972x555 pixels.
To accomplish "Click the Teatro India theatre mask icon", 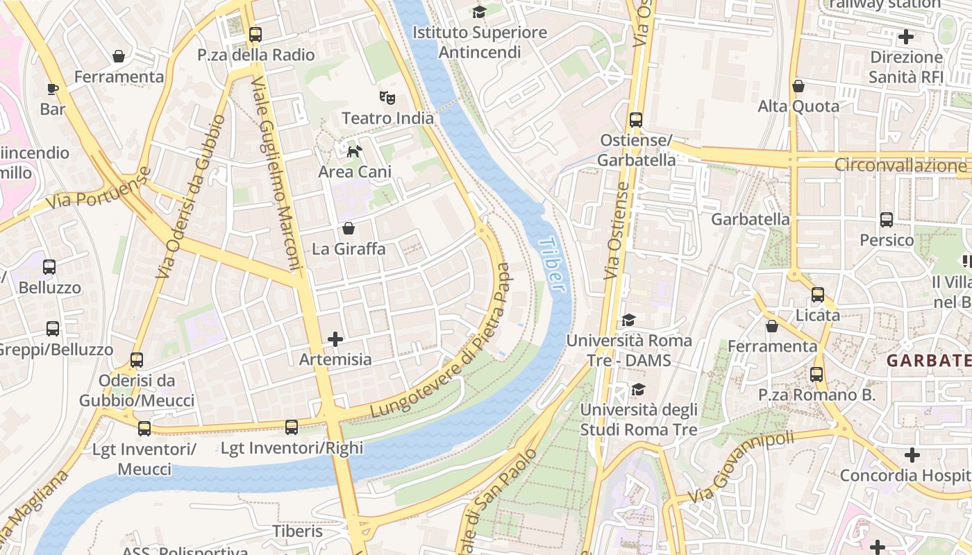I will pos(387,98).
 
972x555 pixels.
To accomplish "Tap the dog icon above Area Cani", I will pos(354,151).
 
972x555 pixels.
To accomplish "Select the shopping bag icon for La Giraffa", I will pos(349,228).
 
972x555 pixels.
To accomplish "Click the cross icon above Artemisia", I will pos(335,339).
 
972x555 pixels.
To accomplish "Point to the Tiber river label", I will pos(551,264).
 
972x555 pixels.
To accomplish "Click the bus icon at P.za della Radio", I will pos(255,34).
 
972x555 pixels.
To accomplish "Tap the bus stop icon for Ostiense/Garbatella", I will pos(636,120).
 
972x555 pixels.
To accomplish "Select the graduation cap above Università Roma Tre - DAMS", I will pos(629,320).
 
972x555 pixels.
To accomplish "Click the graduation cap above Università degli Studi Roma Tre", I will pos(638,389).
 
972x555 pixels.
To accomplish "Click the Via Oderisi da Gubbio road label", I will pos(190,198).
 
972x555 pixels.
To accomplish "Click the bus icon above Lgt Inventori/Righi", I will pos(292,427).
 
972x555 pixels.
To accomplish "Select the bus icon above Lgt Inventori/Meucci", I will pos(144,429).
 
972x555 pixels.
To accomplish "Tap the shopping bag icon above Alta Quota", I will pos(798,86).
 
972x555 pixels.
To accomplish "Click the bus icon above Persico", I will pos(887,220).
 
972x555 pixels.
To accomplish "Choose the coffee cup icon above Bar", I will pos(52,89).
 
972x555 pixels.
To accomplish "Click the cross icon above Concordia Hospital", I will pos(912,455).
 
